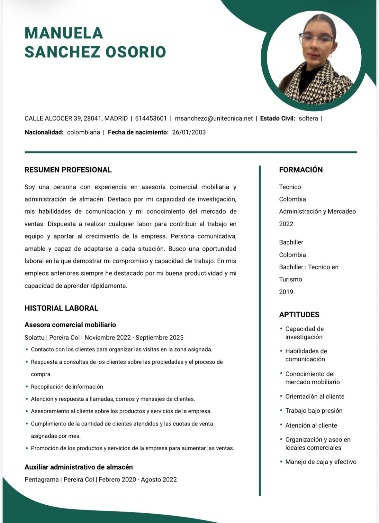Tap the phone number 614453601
151,118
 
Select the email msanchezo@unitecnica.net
214,118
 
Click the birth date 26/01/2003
189,132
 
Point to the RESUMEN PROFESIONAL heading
68,170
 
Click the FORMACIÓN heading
301,170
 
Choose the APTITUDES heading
299,314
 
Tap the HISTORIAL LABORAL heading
61,308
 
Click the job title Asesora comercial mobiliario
70,325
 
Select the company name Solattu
34,338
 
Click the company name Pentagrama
41,480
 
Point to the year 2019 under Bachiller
286,292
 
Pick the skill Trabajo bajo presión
314,411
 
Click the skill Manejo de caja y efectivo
321,462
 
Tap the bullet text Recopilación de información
67,387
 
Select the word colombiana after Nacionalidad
84,132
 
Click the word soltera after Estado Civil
308,118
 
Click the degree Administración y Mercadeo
317,211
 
